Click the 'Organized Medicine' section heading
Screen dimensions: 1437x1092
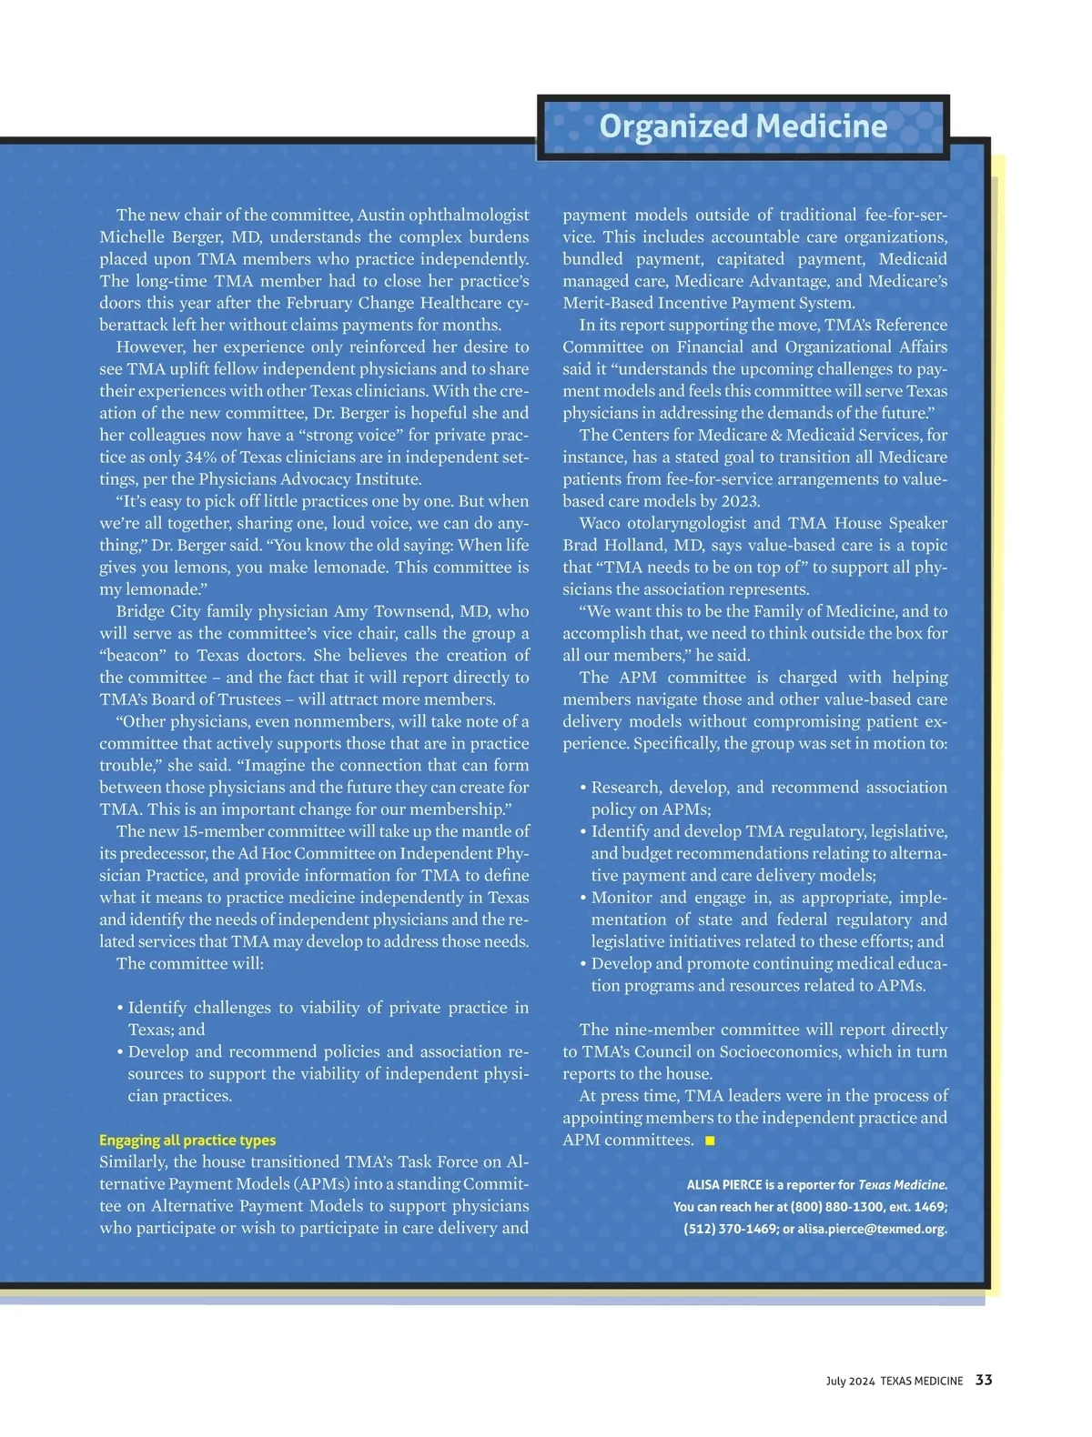[x=743, y=126]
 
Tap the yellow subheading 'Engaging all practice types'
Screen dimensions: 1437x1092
[x=187, y=1141]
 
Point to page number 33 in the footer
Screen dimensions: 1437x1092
[x=984, y=1380]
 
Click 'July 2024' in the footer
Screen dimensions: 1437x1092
[x=850, y=1381]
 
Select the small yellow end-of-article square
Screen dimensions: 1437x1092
[x=710, y=1141]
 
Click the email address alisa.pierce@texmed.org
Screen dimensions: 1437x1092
[x=872, y=1229]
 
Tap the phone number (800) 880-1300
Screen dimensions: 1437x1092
[x=837, y=1207]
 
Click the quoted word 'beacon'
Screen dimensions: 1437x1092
[x=132, y=656]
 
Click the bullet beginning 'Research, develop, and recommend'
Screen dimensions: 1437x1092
[x=769, y=788]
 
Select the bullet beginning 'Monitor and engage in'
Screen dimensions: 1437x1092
[x=769, y=898]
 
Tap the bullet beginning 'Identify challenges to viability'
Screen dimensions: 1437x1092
[x=328, y=1008]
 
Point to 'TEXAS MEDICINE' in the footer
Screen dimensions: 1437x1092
[x=921, y=1381]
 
